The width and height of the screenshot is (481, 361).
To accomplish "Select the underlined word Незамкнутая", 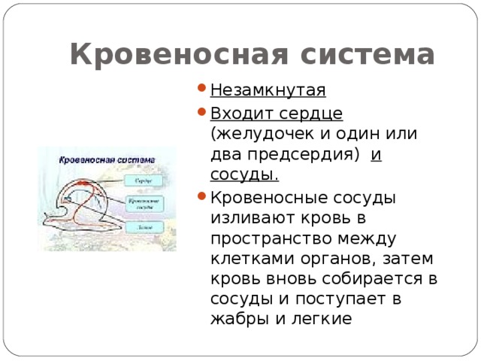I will (268, 91).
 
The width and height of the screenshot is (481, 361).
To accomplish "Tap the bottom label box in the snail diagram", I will (144, 226).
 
